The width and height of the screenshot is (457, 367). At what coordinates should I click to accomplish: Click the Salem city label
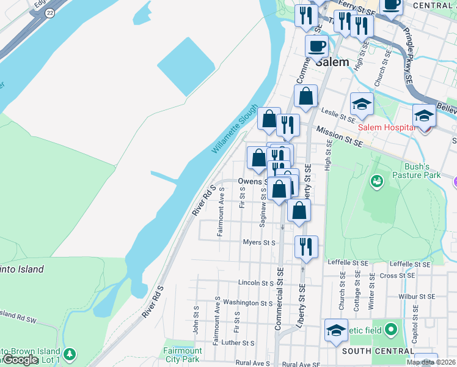[x=332, y=62]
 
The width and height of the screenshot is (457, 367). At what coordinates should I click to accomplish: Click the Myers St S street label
[x=260, y=243]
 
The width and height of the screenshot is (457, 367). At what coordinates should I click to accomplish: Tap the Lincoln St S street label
[x=256, y=283]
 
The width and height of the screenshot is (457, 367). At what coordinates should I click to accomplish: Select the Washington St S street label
[x=248, y=303]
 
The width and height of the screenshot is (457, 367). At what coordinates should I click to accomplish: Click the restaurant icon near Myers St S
[x=305, y=247]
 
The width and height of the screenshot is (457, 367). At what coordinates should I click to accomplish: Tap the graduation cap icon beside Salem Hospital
[x=424, y=115]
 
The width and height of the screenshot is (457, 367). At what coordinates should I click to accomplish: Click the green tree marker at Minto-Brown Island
[x=70, y=354]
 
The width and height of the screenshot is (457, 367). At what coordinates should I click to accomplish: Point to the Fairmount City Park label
[x=182, y=355]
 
